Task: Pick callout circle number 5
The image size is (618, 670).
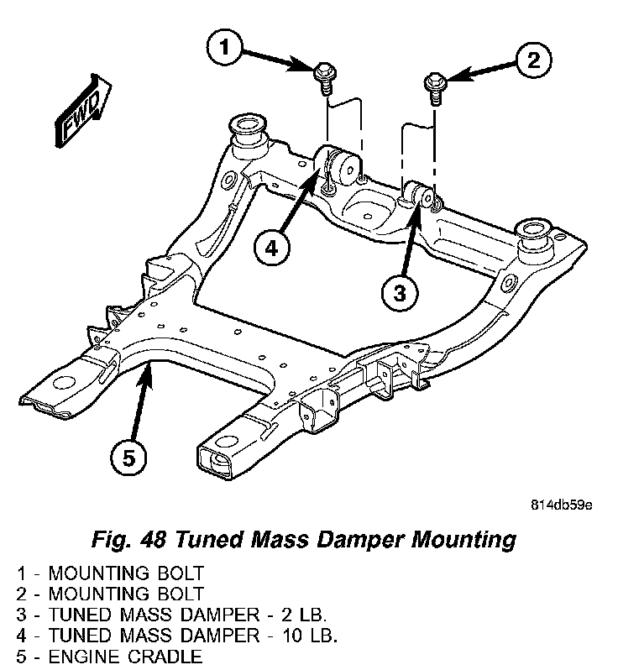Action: pos(129,458)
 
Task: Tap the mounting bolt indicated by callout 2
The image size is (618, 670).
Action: pos(434,86)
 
